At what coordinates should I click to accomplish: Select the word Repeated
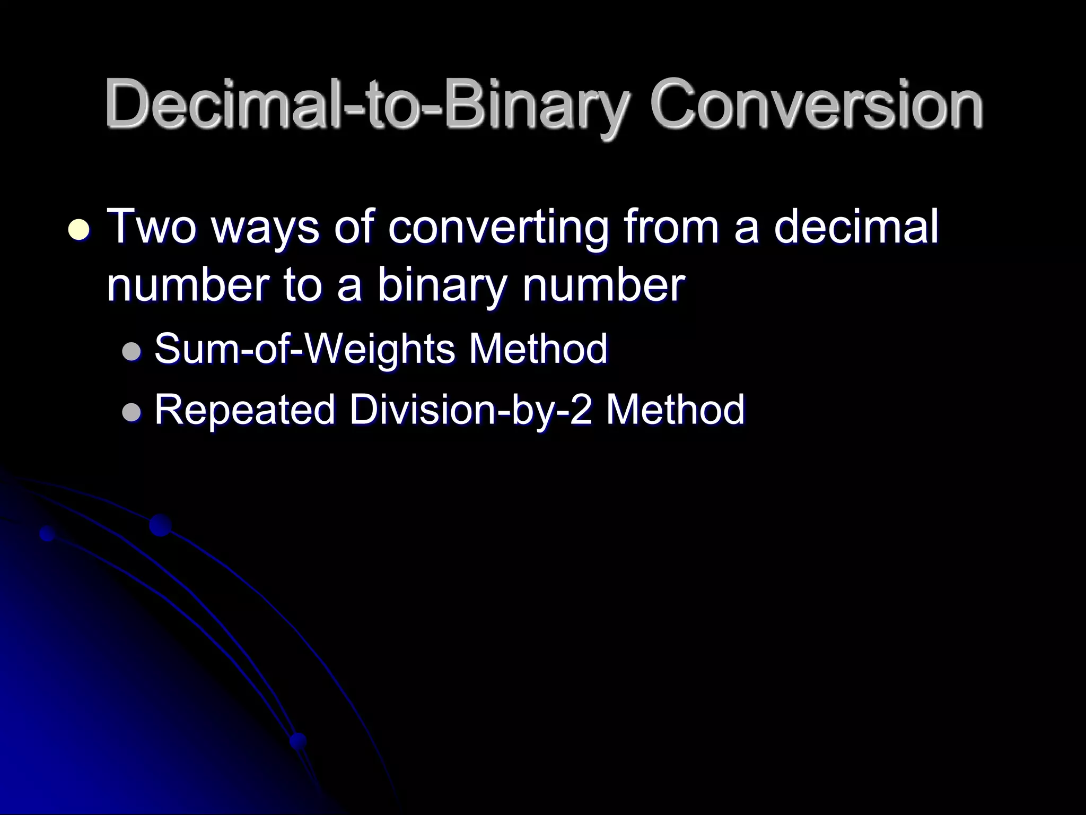point(244,410)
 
